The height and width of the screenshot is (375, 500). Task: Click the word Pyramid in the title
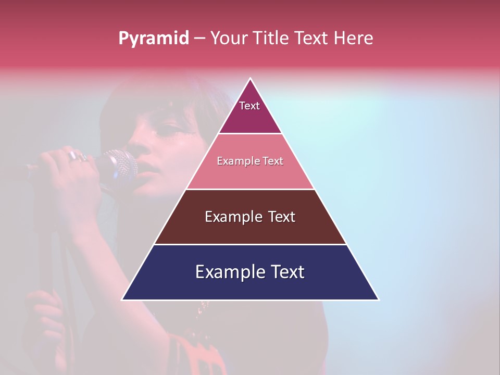click(154, 39)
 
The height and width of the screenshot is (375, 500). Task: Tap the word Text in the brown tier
click(279, 217)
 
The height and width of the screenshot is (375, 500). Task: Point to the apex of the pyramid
click(251, 79)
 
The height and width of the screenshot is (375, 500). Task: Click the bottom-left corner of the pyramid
click(123, 299)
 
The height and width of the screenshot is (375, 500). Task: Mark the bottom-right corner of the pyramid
click(378, 299)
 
